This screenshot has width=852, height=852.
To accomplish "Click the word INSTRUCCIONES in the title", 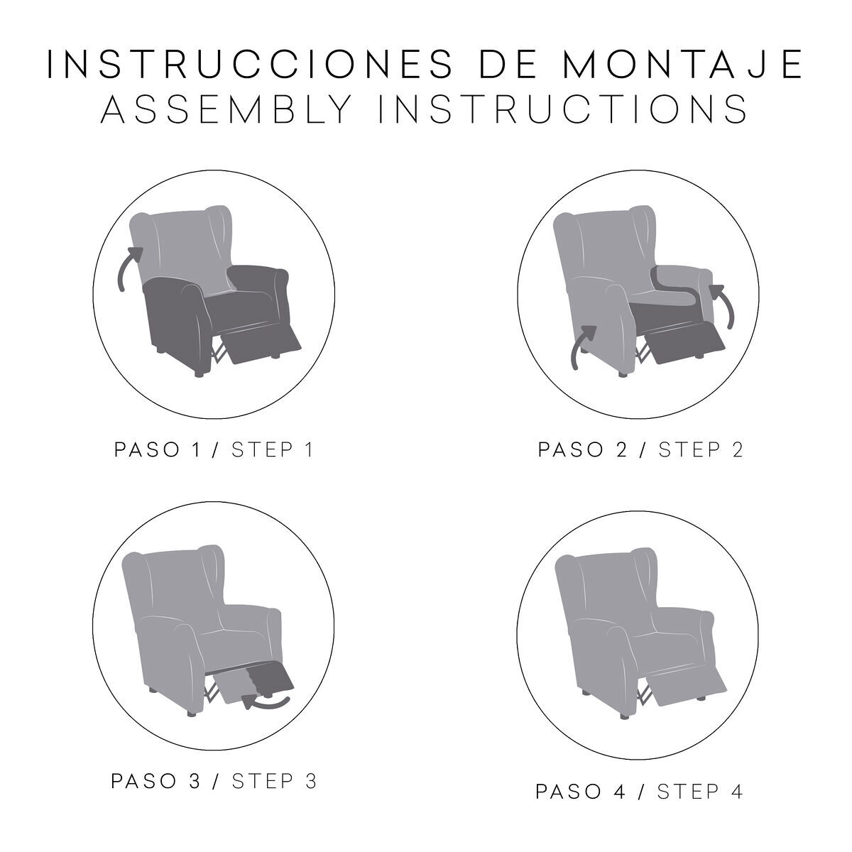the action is (x=249, y=64).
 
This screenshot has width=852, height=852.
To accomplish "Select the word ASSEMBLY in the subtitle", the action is (x=226, y=109).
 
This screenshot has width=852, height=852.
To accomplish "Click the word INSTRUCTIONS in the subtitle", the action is (x=563, y=109).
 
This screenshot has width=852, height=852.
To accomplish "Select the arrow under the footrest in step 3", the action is (x=266, y=701).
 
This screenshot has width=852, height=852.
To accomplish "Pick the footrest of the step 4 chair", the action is (x=687, y=686).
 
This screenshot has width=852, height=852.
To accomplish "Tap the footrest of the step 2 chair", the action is (x=685, y=342).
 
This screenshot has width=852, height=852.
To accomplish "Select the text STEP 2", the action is (x=700, y=451).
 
